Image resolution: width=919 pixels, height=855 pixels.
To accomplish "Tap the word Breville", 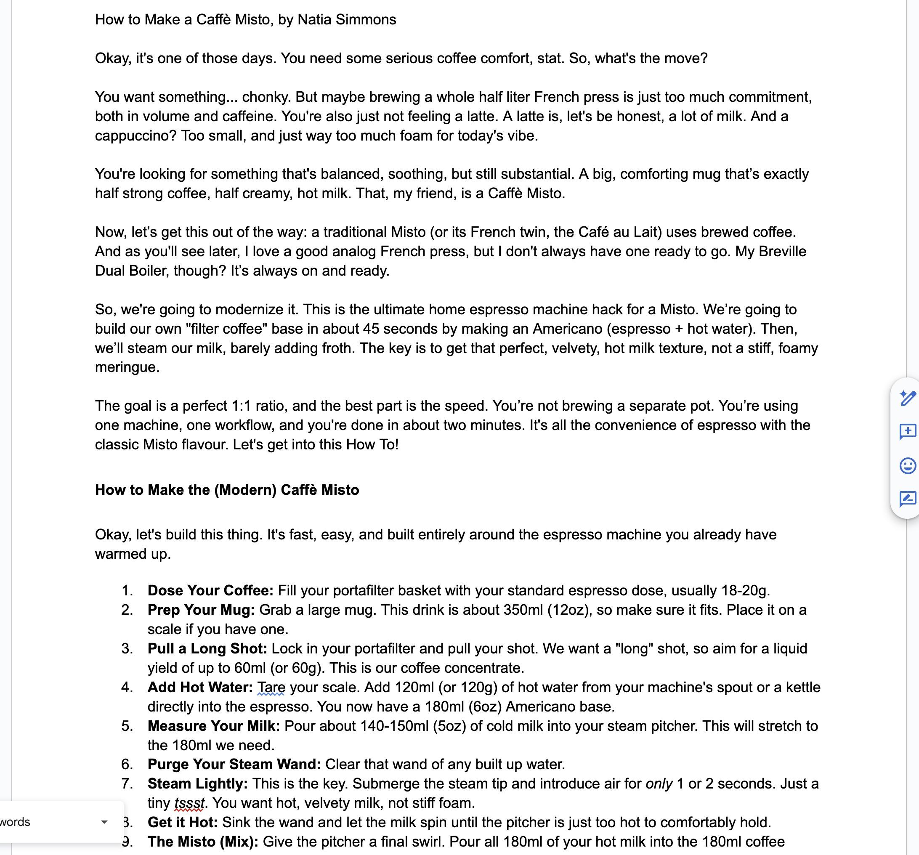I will pos(783,252).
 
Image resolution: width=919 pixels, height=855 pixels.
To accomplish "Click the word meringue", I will pos(127,367).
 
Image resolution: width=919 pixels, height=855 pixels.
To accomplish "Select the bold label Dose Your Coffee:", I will pos(210,591).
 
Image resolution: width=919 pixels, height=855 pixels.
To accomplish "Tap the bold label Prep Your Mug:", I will pos(201,610).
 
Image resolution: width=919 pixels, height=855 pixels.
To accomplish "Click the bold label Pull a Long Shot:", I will pos(207,649).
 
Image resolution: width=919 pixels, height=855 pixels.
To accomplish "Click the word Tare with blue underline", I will pos(271,688).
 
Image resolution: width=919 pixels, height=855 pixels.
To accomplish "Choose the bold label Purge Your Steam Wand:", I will pos(234,765).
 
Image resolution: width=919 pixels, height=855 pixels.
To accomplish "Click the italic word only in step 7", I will pos(659,784).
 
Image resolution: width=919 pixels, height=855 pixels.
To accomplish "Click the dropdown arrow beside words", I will pos(104,822).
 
